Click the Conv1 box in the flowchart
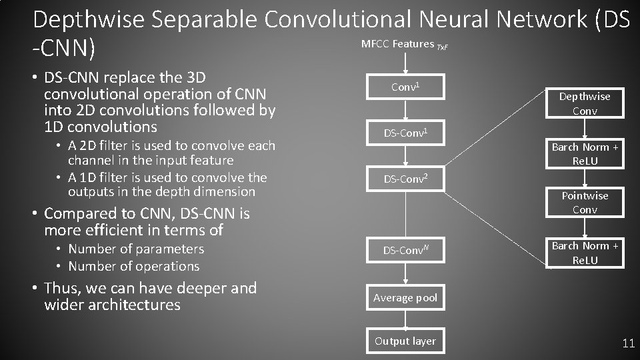click(405, 87)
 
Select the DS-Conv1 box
click(405, 133)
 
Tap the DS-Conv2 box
click(405, 178)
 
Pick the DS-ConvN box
click(405, 251)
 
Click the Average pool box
click(405, 298)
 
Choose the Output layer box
click(405, 341)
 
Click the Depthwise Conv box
click(585, 103)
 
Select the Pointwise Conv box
click(585, 202)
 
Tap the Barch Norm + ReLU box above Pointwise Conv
click(585, 154)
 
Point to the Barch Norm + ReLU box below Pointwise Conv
click(585, 253)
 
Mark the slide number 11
click(628, 344)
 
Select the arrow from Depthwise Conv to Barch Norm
click(585, 130)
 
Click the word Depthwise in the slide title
click(88, 19)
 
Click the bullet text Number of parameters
click(136, 249)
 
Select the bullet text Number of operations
click(133, 266)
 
